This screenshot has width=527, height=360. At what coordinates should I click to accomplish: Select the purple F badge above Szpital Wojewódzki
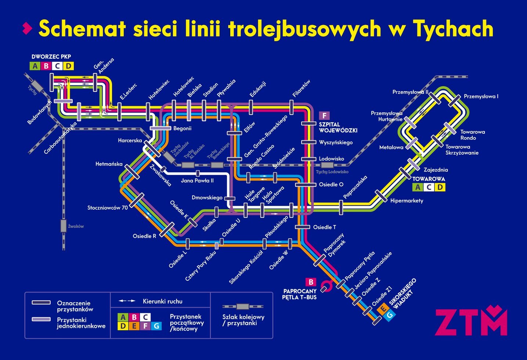click(x=324, y=116)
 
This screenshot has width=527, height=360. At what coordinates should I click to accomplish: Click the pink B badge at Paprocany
click(x=311, y=282)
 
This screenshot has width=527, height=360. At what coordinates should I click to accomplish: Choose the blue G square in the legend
click(x=156, y=325)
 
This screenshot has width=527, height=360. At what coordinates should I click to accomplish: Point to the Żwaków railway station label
click(x=76, y=226)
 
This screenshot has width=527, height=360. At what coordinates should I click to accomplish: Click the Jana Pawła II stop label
click(x=197, y=180)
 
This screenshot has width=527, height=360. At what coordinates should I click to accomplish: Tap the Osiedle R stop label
click(x=144, y=236)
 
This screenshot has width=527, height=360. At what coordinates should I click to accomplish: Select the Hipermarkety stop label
click(x=407, y=201)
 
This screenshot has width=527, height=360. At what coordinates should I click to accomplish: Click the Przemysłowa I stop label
click(x=481, y=96)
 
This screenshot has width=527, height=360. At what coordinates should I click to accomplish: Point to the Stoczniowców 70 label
click(x=107, y=208)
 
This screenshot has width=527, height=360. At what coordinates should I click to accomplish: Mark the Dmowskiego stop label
click(x=207, y=198)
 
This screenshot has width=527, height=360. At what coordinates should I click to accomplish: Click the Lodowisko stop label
click(x=331, y=159)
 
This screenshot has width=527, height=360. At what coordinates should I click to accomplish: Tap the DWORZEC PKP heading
click(x=51, y=57)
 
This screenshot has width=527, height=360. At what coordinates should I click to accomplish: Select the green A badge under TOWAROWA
click(x=417, y=187)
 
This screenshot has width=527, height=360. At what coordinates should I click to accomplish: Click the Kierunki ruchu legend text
click(x=162, y=301)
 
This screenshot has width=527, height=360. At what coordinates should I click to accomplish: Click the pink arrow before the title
click(x=27, y=28)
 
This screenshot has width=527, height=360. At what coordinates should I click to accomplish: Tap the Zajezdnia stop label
click(x=436, y=170)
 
